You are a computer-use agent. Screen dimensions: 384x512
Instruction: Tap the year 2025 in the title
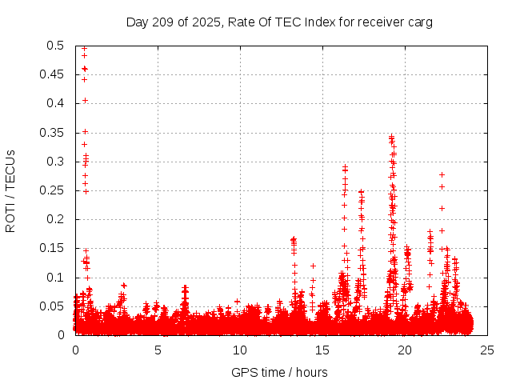207,22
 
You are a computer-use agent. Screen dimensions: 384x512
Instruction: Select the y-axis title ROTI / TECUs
11,190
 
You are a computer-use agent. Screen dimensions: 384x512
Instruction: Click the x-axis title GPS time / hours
279,372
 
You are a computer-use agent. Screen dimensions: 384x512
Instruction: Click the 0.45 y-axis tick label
53,74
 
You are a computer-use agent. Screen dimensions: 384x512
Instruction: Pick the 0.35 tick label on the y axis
53,133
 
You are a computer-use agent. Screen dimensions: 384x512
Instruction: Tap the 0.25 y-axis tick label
53,190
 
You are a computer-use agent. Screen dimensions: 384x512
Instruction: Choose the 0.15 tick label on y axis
53,248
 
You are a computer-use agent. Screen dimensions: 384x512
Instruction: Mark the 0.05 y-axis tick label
53,306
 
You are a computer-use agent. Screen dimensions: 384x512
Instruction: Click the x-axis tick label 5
158,350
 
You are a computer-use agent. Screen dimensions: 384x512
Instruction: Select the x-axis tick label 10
240,350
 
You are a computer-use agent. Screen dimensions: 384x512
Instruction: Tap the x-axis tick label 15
322,350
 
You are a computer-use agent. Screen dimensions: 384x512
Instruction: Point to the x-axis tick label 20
405,350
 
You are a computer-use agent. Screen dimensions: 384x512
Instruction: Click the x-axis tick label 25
487,350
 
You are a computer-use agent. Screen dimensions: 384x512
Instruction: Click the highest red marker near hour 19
391,137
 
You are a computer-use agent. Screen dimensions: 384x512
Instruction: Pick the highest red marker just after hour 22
442,174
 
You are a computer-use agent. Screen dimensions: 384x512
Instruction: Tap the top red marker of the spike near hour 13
293,239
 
